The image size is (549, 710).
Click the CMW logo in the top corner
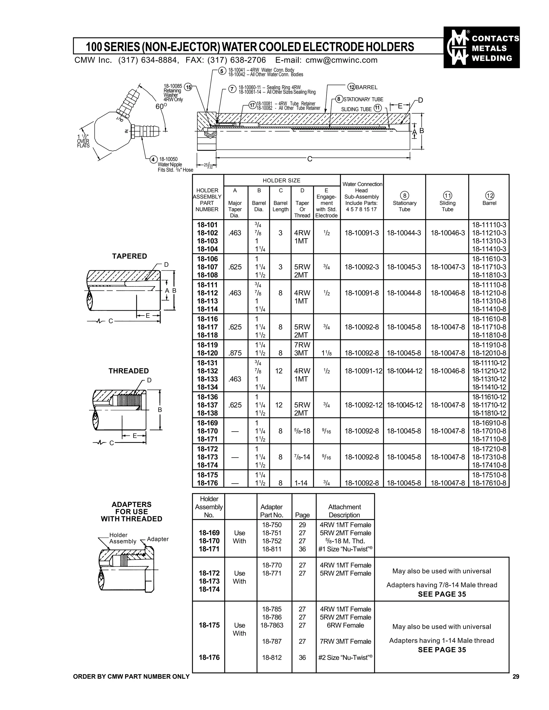pos(481,47)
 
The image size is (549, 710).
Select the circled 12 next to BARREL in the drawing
pos(351,87)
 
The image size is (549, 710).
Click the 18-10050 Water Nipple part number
pos(168,159)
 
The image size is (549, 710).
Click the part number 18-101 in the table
pos(207,225)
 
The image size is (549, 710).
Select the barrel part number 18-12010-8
pos(489,353)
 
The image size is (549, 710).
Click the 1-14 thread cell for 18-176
pos(301,483)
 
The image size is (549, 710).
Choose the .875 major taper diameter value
pos(235,353)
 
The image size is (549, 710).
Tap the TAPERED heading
pos(129,256)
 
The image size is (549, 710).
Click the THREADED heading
pos(128,371)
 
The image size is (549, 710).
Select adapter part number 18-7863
pos(272,625)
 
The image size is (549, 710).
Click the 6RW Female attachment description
pos(345,625)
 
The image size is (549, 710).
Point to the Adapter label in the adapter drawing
pos(158,539)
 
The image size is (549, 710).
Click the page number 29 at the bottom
pos(516,677)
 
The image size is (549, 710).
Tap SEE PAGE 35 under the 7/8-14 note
pos(442,594)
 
